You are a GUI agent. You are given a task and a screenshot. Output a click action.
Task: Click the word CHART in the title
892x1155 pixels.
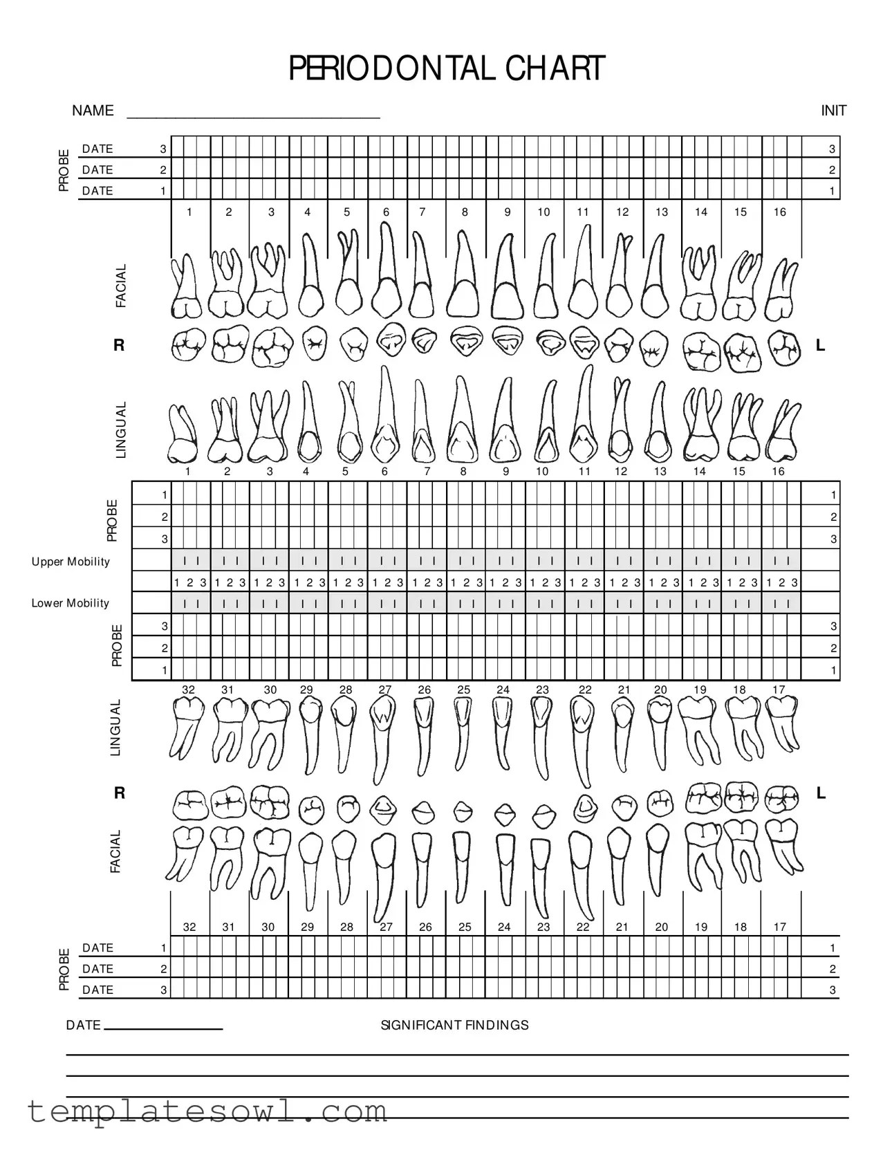pyautogui.click(x=555, y=69)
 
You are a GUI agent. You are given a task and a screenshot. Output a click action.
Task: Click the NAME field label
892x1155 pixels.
pyautogui.click(x=93, y=111)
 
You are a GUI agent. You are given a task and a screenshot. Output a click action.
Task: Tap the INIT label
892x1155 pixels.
pyautogui.click(x=833, y=111)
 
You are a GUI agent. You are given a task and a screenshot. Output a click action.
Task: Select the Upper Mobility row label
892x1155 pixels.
pyautogui.click(x=71, y=562)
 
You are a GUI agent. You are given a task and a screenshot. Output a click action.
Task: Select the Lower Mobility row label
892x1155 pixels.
pyautogui.click(x=71, y=603)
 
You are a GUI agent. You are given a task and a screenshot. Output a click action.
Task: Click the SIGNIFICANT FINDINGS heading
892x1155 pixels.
pyautogui.click(x=454, y=1025)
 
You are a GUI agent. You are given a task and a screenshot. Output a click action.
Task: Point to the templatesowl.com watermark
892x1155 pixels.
pyautogui.click(x=207, y=1111)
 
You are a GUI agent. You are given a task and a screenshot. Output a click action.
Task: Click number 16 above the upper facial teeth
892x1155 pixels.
pyautogui.click(x=779, y=212)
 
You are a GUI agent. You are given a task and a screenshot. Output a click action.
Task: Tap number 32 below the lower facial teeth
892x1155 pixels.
pyautogui.click(x=189, y=927)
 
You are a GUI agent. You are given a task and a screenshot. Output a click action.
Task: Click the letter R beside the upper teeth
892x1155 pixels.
pyautogui.click(x=119, y=345)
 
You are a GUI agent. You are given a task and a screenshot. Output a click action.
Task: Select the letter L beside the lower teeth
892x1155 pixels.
pyautogui.click(x=821, y=793)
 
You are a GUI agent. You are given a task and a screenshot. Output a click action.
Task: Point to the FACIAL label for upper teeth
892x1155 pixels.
pyautogui.click(x=121, y=286)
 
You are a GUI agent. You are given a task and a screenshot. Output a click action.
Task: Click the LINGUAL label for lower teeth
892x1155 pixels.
pyautogui.click(x=115, y=728)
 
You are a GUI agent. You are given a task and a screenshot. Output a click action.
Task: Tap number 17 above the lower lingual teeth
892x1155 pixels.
pyautogui.click(x=779, y=690)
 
